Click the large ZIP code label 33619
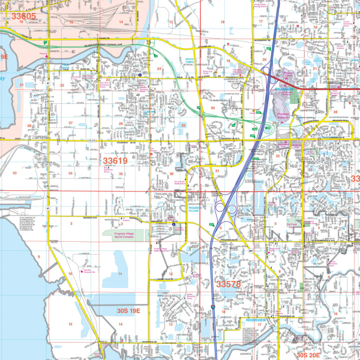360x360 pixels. [x=115, y=161]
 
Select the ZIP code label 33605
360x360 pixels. [x=24, y=16]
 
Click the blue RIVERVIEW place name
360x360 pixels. [x=256, y=320]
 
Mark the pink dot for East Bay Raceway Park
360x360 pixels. [x=82, y=272]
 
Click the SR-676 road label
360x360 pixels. [x=92, y=141]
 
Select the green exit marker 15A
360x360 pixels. [x=255, y=129]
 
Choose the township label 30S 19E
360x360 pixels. [x=128, y=310]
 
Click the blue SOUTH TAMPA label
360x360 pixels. [x=190, y=61]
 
